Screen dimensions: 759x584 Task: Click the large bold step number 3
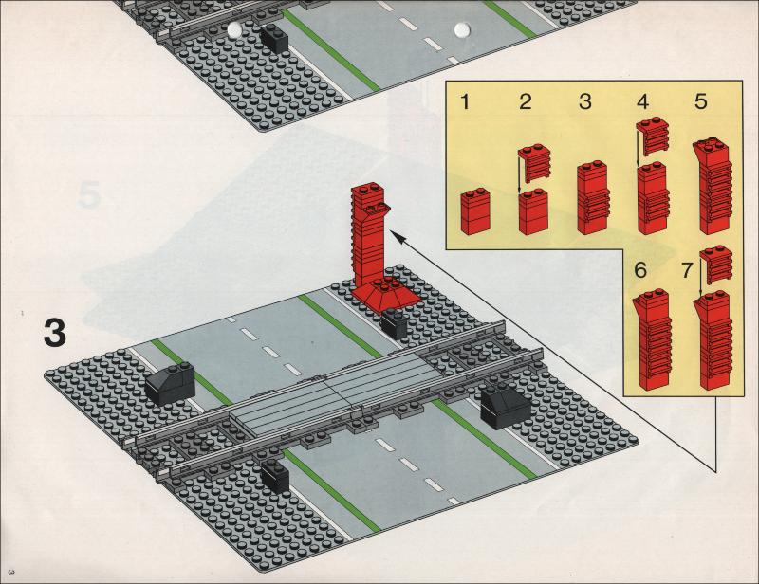coord(55,333)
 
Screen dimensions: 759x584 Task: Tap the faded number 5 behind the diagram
coord(88,194)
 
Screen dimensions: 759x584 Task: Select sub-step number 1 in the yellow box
coord(465,102)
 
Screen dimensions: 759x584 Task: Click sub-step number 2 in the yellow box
coord(526,101)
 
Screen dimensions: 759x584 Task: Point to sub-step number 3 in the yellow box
coord(585,101)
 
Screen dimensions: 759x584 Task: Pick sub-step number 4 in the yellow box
coord(643,101)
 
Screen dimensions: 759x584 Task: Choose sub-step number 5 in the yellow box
coord(700,101)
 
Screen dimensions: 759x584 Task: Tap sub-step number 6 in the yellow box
coord(640,270)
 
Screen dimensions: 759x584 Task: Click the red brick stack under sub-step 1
coord(475,211)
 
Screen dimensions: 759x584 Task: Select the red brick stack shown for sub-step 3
coord(594,197)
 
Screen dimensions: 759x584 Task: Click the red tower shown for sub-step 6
coord(653,339)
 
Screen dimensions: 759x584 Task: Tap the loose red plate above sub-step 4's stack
coord(653,136)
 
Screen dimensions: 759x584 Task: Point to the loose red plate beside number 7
coord(716,265)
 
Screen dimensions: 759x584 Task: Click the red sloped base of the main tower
coord(386,293)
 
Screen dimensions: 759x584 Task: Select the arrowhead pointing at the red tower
coord(398,238)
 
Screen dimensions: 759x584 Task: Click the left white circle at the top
coord(234,29)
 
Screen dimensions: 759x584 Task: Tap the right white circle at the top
coord(462,29)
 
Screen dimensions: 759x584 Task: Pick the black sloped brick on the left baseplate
coord(170,383)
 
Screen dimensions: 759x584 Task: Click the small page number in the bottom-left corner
coord(12,572)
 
